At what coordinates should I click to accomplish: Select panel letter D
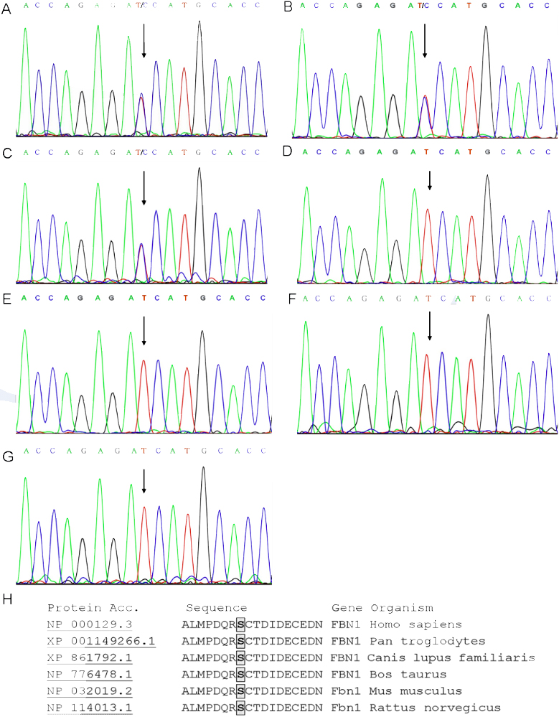coord(288,151)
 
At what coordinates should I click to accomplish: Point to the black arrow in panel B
coord(425,40)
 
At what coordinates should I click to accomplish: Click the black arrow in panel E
coord(144,332)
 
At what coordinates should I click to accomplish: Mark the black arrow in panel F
coord(429,327)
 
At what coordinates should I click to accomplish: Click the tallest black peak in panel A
coord(199,25)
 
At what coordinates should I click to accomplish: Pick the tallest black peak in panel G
coord(204,471)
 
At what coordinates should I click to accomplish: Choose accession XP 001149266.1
coord(101,641)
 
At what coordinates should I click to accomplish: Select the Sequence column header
coord(217,608)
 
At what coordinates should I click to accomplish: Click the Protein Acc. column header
coord(85,608)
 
